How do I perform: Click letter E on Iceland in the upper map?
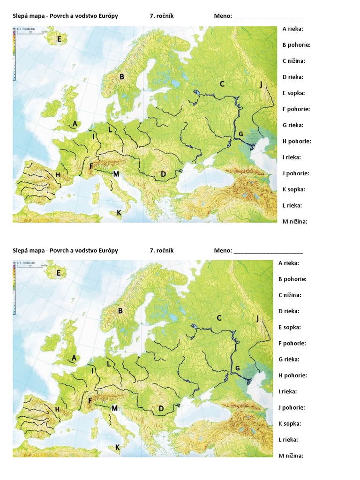click(x=59, y=39)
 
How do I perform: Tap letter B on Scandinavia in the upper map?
click(x=121, y=77)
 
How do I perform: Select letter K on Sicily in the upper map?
click(x=119, y=212)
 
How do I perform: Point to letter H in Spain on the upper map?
click(x=58, y=175)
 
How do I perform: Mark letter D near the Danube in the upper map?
click(x=163, y=174)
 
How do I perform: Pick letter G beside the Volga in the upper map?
click(x=240, y=134)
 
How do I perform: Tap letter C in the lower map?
click(x=219, y=318)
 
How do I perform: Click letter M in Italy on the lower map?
click(x=114, y=408)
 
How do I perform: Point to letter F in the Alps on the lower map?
click(x=90, y=401)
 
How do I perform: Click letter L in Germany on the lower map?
click(x=109, y=363)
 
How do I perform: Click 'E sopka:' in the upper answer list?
click(x=293, y=93)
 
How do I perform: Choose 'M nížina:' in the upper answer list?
click(x=295, y=222)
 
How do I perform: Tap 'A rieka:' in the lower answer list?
click(x=289, y=263)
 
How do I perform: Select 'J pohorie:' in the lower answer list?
click(x=292, y=407)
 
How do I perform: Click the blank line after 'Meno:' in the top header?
click(x=268, y=16)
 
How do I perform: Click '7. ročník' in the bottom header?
click(x=162, y=250)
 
